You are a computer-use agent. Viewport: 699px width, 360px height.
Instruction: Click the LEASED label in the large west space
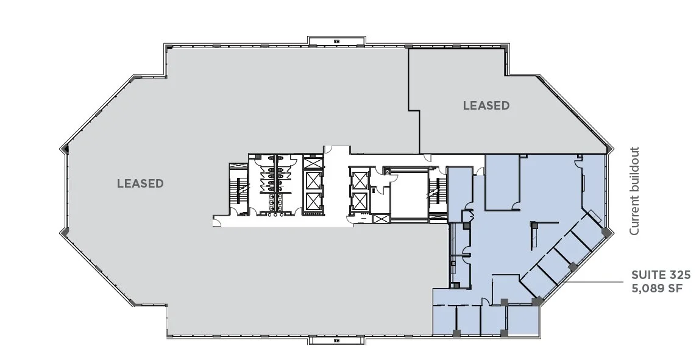[x=140, y=183]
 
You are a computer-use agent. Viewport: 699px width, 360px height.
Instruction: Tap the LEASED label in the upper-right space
[x=486, y=105]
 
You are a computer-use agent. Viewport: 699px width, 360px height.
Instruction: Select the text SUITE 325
[x=661, y=275]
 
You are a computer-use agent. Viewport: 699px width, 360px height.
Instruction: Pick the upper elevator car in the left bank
[x=313, y=180]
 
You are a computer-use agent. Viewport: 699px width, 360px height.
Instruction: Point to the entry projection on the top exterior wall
[x=336, y=41]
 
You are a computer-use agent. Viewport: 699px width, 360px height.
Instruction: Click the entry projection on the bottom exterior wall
[x=336, y=341]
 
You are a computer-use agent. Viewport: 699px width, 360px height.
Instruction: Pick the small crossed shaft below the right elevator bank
[x=380, y=219]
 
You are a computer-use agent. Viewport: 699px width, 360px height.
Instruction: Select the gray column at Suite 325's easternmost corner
[x=605, y=233]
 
